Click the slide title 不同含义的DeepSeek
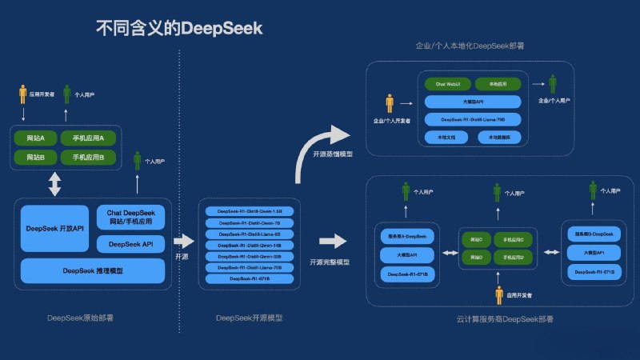pyautogui.click(x=179, y=29)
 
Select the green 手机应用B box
pyautogui.click(x=88, y=157)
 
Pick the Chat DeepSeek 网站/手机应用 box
pyautogui.click(x=130, y=216)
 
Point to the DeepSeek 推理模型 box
pyautogui.click(x=93, y=271)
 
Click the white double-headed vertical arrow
pyautogui.click(x=54, y=185)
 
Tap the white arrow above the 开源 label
pyautogui.click(x=183, y=240)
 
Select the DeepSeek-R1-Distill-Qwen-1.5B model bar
pyautogui.click(x=249, y=212)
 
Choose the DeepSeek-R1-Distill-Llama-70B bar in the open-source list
pyautogui.click(x=249, y=267)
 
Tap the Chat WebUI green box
pyautogui.click(x=446, y=83)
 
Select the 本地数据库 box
pyautogui.click(x=498, y=137)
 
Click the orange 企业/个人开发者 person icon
pyautogui.click(x=390, y=104)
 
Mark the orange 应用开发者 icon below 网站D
pyautogui.click(x=498, y=295)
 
